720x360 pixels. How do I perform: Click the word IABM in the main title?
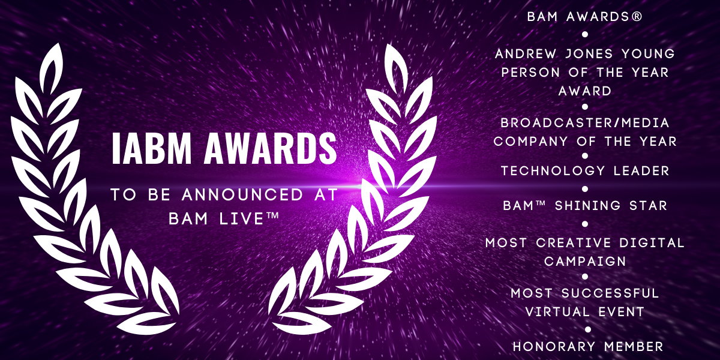coord(151,149)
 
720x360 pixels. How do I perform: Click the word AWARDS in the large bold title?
coord(271,149)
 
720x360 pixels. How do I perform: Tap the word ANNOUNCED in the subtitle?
coord(242,195)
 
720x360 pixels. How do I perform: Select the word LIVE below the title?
coord(242,219)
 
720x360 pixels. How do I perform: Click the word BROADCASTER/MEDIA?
coord(585,122)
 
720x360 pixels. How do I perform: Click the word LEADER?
coord(641,170)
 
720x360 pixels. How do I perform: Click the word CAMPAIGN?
coord(586,262)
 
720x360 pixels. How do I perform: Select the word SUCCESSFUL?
coord(610,293)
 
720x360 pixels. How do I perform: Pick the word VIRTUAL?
coord(557,312)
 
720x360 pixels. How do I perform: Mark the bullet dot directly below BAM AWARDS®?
coord(585,34)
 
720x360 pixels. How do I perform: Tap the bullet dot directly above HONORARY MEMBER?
coord(588,329)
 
